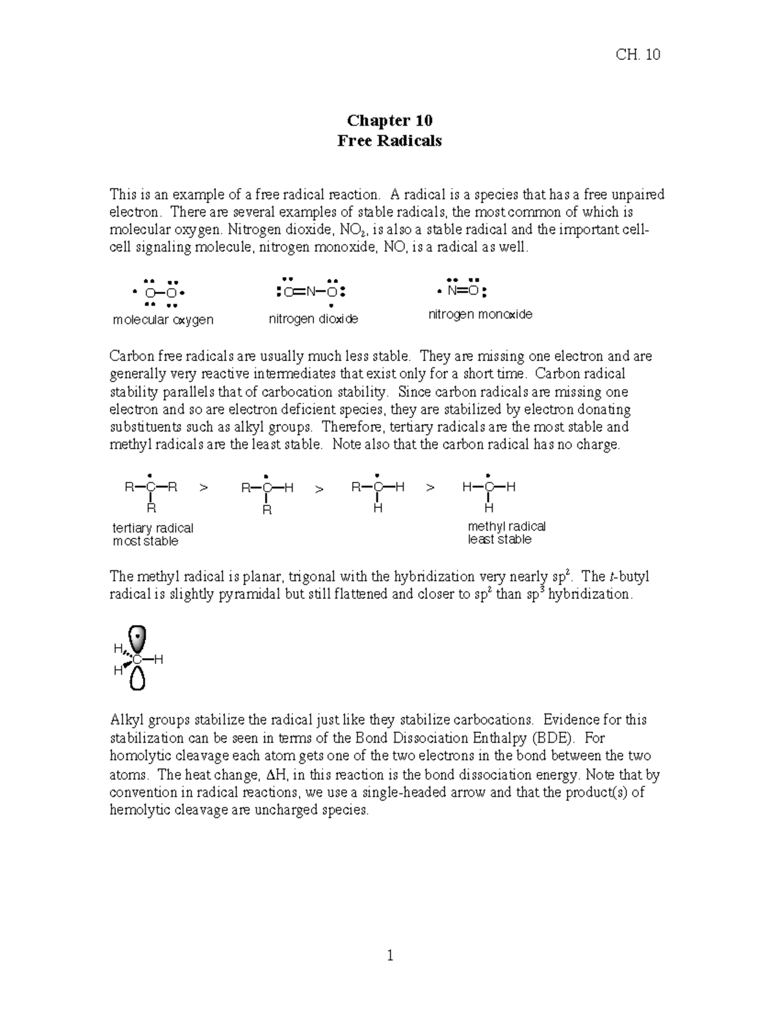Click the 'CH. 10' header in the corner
637,55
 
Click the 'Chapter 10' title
389,120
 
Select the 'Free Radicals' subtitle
389,140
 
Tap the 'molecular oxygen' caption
162,319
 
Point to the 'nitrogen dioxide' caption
313,319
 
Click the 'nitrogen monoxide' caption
480,314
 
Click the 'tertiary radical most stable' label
153,535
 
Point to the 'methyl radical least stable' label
506,533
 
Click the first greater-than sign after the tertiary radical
204,487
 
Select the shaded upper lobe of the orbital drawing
138,637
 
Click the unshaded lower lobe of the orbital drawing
138,679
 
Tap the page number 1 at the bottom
390,955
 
